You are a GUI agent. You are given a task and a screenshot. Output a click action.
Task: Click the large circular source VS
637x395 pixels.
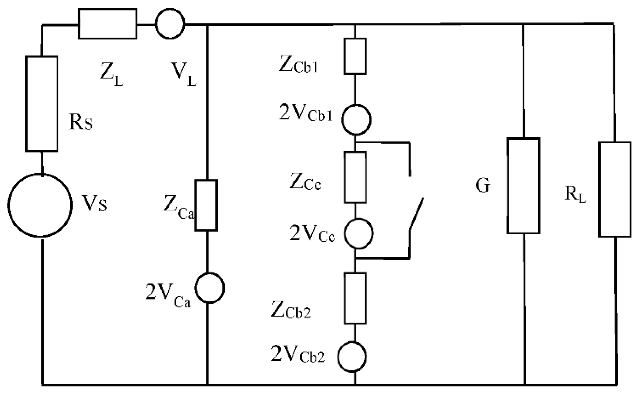tap(40, 205)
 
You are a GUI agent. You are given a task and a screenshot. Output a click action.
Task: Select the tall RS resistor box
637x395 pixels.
tap(42, 104)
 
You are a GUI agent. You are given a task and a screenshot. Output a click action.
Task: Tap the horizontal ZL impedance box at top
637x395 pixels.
tap(108, 24)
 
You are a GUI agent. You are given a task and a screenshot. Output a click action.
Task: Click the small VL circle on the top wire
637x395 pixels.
tap(170, 24)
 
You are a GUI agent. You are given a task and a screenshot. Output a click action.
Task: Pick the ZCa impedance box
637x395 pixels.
tap(206, 205)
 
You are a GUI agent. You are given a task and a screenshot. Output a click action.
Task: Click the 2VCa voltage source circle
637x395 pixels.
tap(209, 288)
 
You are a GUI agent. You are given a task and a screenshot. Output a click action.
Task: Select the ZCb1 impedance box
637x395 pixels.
tap(355, 56)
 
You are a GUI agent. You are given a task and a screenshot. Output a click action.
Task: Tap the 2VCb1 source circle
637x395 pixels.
tap(356, 120)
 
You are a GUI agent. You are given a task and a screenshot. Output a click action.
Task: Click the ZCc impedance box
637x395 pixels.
tap(355, 177)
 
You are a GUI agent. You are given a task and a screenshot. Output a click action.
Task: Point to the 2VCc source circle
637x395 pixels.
tap(359, 234)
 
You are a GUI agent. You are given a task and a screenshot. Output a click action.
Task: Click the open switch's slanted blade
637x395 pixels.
tap(416, 213)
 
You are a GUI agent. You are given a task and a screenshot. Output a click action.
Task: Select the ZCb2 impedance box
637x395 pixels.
tap(355, 298)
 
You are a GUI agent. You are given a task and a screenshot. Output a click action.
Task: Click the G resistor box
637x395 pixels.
tap(523, 186)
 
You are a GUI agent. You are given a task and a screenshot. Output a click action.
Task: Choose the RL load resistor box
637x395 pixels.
tap(615, 189)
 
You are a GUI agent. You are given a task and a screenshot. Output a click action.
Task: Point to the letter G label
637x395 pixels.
tap(483, 185)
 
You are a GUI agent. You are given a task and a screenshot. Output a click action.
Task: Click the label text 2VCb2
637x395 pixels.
tap(298, 354)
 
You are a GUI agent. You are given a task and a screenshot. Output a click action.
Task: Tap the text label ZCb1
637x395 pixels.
tap(298, 64)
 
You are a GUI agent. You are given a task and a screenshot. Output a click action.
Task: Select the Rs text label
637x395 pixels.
tap(81, 122)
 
